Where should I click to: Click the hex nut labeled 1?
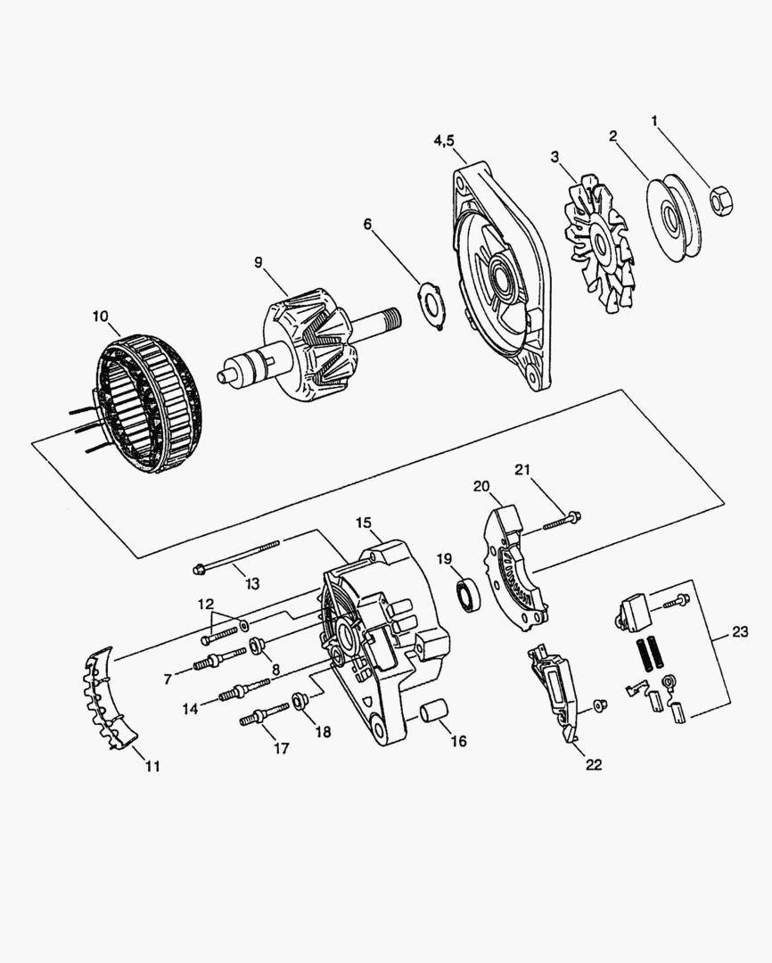click(722, 200)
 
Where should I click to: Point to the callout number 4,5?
click(449, 141)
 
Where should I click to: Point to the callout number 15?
click(363, 523)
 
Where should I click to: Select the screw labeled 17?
click(263, 714)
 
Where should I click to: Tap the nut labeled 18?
click(300, 702)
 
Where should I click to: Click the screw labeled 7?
click(218, 659)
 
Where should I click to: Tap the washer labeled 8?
click(258, 645)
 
